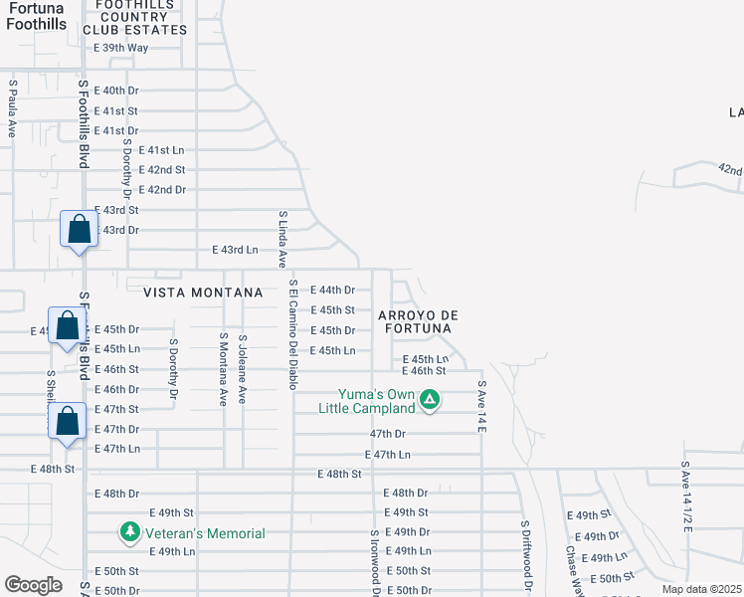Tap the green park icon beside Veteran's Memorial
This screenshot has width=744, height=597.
129,533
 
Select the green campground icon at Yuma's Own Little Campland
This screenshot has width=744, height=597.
430,400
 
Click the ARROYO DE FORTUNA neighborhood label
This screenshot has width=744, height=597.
416,321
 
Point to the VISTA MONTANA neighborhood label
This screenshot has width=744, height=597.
203,293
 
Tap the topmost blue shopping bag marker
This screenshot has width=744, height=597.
80,230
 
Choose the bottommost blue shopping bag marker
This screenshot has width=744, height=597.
68,421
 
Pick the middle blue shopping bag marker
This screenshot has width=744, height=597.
68,326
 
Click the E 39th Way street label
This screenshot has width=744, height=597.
120,48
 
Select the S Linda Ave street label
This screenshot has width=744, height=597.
282,239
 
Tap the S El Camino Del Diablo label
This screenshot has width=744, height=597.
293,334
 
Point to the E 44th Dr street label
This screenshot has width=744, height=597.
332,291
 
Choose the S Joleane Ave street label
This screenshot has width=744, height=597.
243,368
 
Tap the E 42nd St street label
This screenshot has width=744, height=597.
163,169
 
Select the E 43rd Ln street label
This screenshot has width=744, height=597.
235,249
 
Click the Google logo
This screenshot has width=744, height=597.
33,585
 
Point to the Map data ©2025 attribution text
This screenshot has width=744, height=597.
702,589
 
